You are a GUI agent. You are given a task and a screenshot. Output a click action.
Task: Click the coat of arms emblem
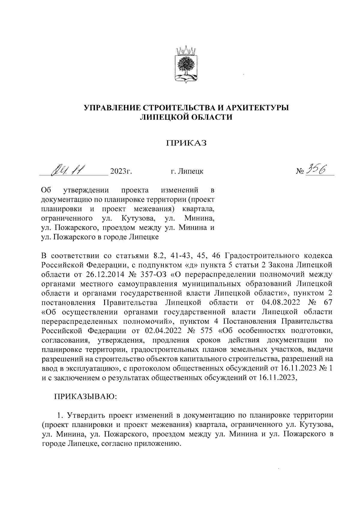tap(185, 64)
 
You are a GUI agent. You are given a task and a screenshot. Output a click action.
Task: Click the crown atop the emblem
tap(185, 49)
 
